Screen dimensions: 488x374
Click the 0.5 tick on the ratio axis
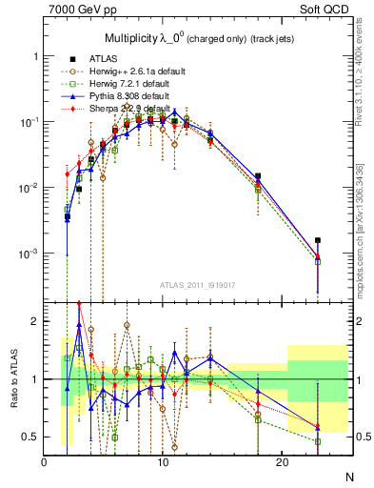pyautogui.click(x=31, y=437)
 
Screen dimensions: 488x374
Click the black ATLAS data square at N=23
pyautogui.click(x=318, y=240)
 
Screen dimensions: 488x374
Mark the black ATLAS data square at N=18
pyautogui.click(x=258, y=176)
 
